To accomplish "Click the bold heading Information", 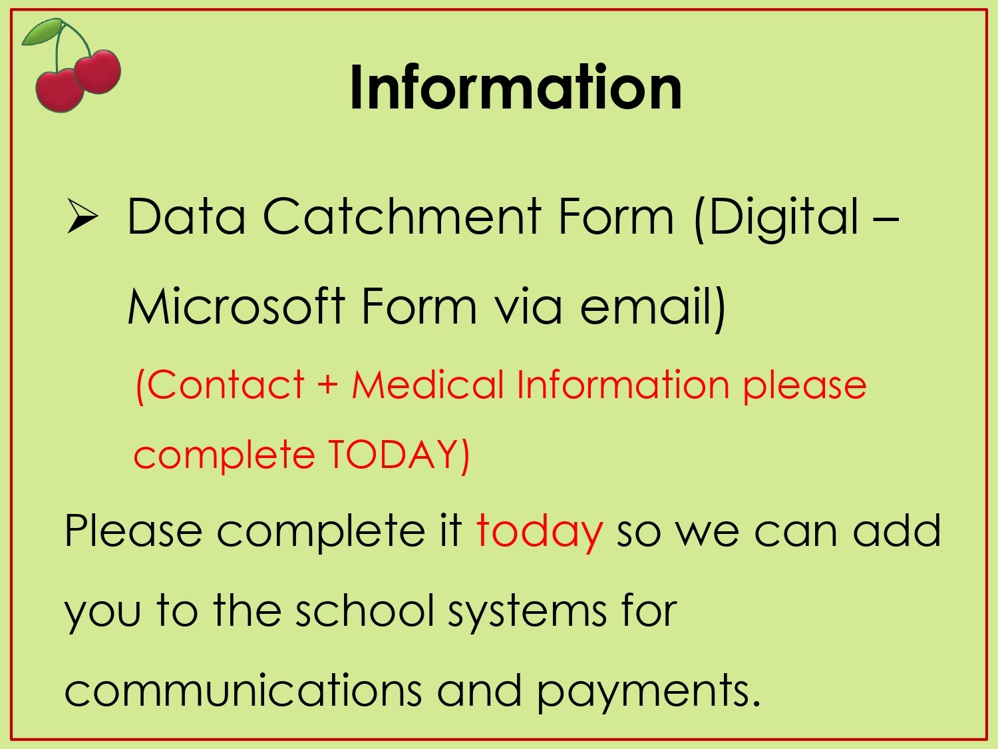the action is [x=516, y=87].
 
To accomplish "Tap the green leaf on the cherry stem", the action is [x=41, y=32].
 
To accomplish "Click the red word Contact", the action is [x=220, y=384].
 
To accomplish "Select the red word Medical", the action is [x=428, y=384].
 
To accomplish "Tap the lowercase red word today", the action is [x=540, y=531].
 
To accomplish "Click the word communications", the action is [x=243, y=690].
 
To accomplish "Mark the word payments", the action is [x=649, y=692].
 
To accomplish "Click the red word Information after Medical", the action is [x=623, y=384].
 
